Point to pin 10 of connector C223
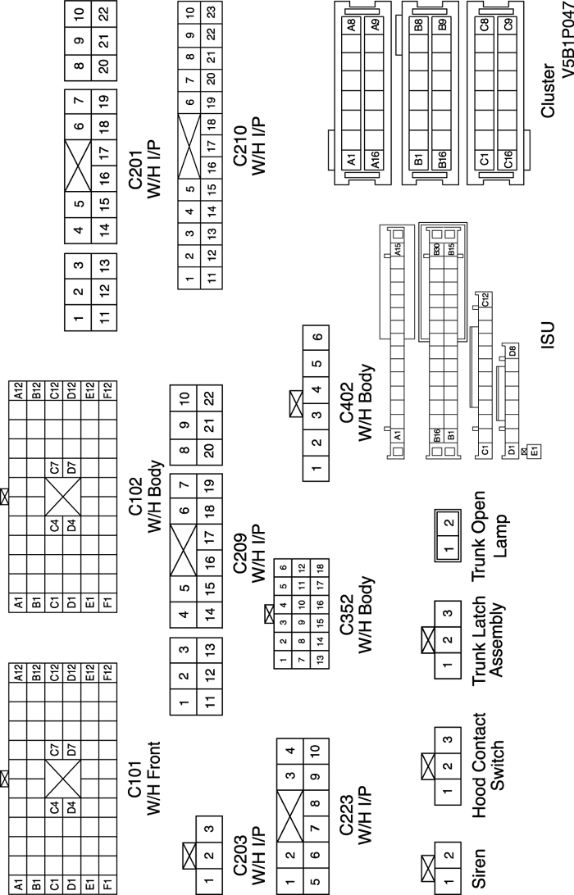click(x=316, y=747)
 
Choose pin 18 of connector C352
click(x=320, y=568)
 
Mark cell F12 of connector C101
click(x=109, y=677)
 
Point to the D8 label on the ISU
click(x=512, y=351)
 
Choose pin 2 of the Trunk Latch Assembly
click(x=447, y=639)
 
